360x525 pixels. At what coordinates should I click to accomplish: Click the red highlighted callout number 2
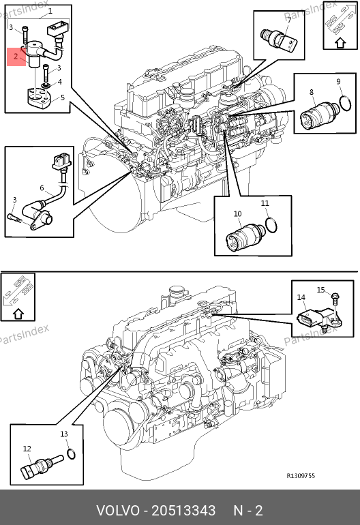[x=16, y=56]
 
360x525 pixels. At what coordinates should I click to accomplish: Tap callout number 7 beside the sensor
[x=289, y=20]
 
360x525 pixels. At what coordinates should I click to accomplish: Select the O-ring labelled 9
[x=345, y=103]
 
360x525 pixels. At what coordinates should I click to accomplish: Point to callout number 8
[x=312, y=92]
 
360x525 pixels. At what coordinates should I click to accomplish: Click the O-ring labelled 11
[x=271, y=225]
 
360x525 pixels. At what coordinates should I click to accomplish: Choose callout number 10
[x=237, y=214]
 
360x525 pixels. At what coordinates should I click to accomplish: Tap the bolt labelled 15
[x=335, y=299]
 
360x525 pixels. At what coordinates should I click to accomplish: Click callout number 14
[x=301, y=297]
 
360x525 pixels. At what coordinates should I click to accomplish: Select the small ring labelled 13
[x=72, y=454]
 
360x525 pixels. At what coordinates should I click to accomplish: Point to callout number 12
[x=27, y=449]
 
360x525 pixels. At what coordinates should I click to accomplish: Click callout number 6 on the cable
[x=42, y=187]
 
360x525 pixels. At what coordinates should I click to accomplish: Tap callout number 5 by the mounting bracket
[x=62, y=97]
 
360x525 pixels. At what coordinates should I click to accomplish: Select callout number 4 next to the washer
[x=59, y=82]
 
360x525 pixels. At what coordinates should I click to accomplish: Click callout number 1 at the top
[x=50, y=11]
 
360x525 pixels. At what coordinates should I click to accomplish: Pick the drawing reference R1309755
[x=301, y=476]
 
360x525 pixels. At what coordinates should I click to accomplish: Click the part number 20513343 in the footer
[x=183, y=511]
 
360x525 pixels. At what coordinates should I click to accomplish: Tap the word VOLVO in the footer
[x=118, y=511]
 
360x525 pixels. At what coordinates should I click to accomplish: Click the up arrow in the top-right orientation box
[x=341, y=43]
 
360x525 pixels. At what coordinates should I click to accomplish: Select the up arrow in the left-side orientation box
[x=18, y=314]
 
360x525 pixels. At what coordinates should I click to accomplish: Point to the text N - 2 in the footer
[x=248, y=511]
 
